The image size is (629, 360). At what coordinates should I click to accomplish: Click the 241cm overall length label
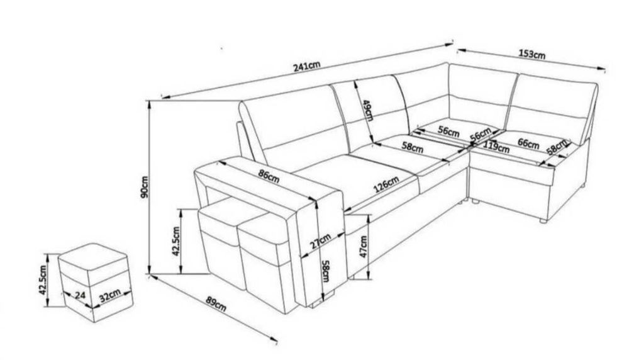point(307,66)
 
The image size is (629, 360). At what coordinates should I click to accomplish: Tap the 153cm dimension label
point(532,53)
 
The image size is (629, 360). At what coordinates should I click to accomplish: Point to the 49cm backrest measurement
point(368,110)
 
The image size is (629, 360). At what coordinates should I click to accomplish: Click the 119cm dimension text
point(496,147)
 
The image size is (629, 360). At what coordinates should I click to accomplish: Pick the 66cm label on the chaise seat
point(528,143)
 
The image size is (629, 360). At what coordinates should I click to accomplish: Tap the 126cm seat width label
point(386,184)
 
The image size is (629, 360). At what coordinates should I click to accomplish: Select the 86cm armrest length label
point(269,176)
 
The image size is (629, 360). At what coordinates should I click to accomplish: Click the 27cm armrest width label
point(321,242)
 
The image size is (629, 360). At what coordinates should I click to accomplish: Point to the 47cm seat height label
point(364,247)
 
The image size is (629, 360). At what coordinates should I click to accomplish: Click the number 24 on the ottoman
point(81,295)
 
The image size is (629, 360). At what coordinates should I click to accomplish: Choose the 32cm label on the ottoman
point(109,296)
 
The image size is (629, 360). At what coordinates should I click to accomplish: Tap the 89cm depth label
point(216,304)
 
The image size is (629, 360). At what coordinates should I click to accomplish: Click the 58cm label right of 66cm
point(557,147)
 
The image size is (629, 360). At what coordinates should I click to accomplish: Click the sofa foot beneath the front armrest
point(328,297)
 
